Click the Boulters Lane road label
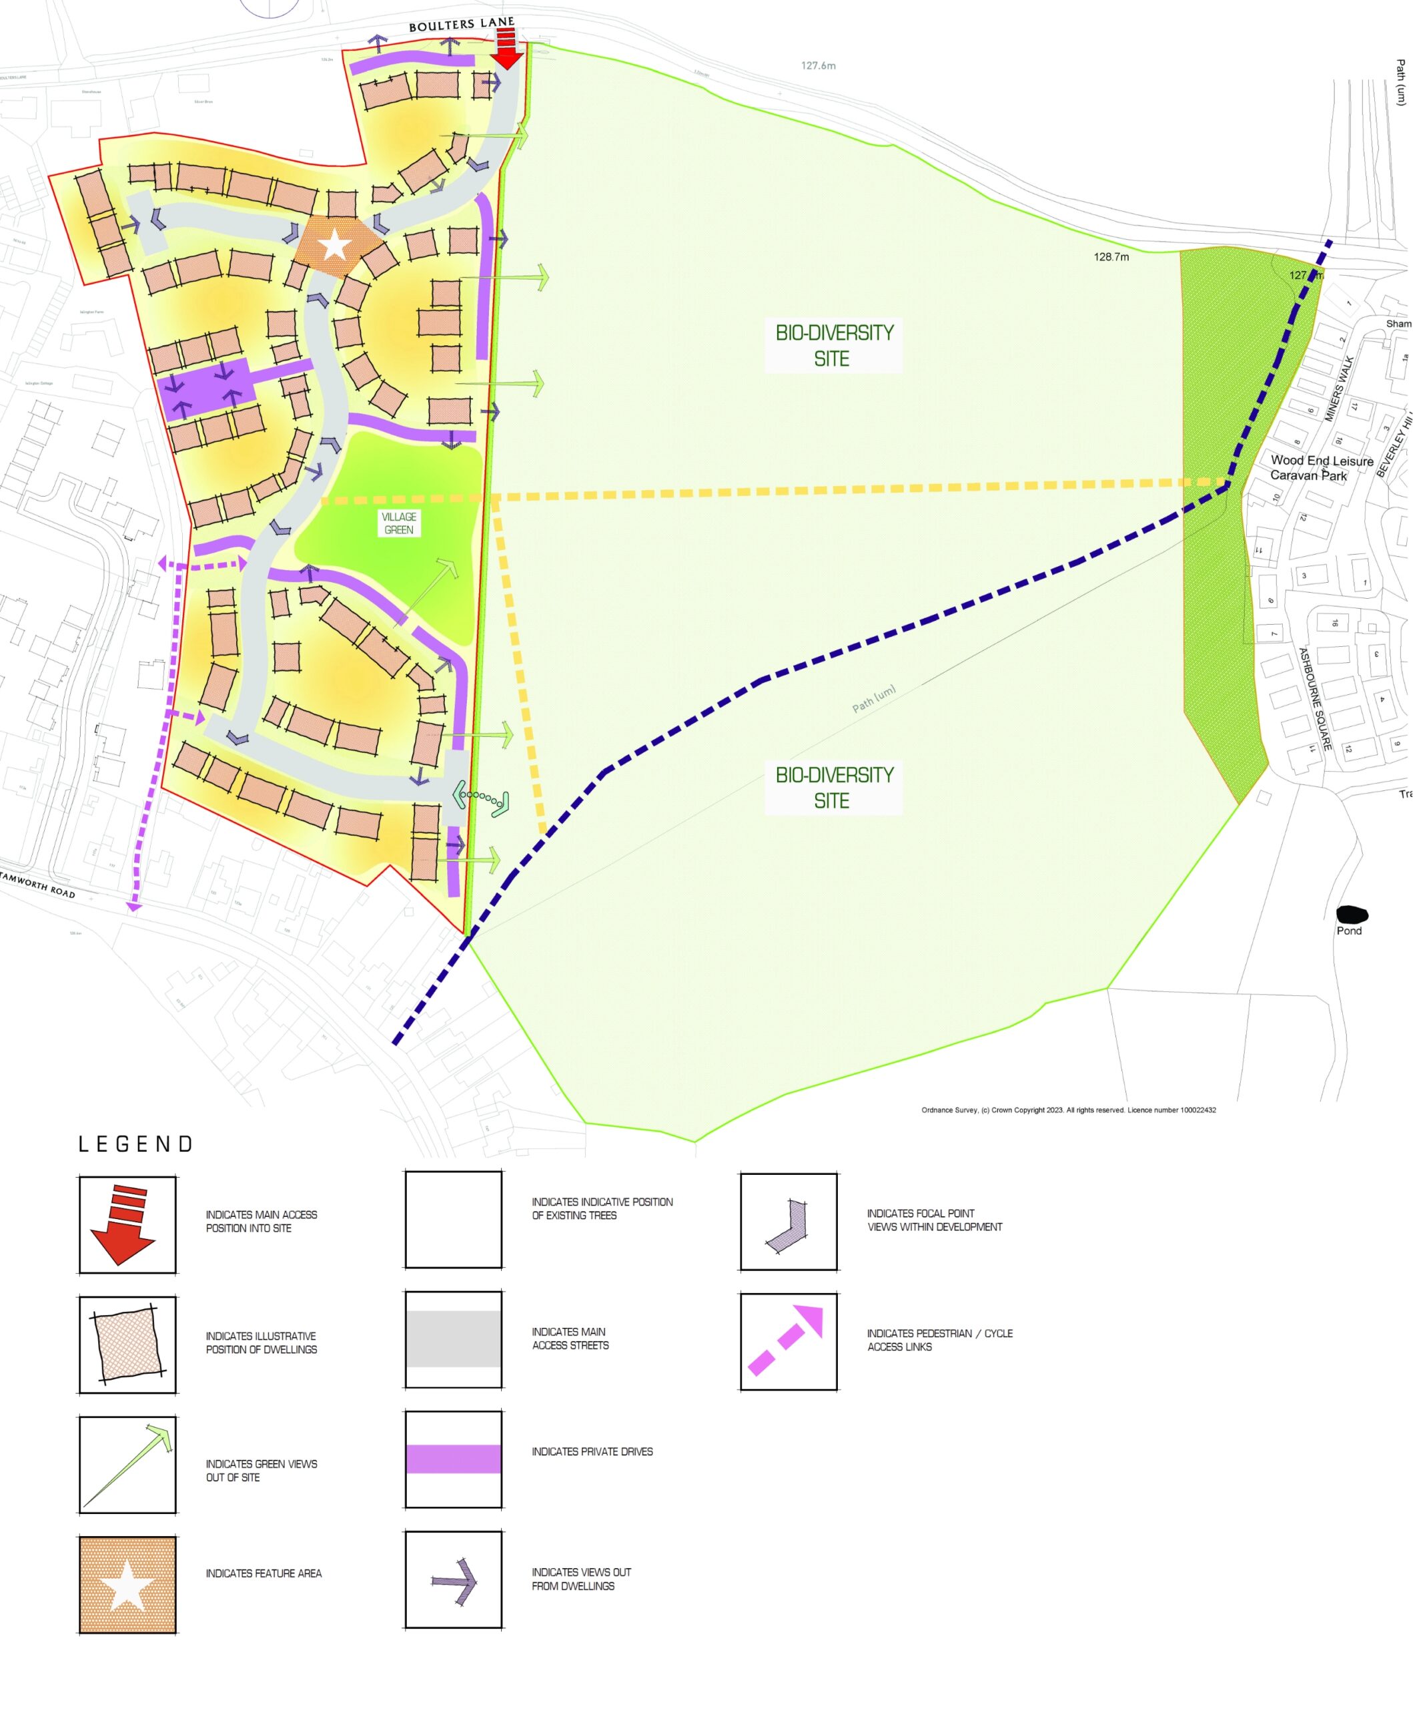[461, 25]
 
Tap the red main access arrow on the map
[508, 49]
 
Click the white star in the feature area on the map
[334, 245]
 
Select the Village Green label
[398, 523]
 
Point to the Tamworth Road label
[37, 884]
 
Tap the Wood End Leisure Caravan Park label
[1321, 468]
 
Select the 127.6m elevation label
[817, 65]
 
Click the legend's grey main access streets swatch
[453, 1338]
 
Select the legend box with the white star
[127, 1584]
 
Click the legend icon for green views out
[127, 1465]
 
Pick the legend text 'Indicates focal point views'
[934, 1220]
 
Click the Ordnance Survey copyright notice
[1068, 1110]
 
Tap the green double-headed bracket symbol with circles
[481, 798]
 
